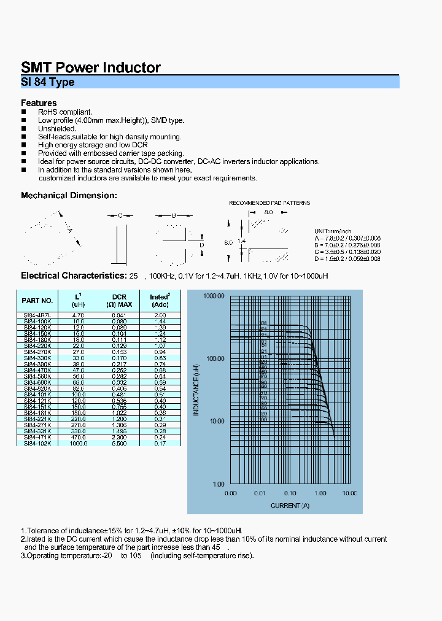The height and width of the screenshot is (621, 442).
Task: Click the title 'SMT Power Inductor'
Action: pyautogui.click(x=91, y=67)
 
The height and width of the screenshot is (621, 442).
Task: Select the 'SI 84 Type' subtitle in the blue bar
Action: pyautogui.click(x=48, y=82)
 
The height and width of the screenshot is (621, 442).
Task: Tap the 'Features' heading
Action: pyautogui.click(x=39, y=103)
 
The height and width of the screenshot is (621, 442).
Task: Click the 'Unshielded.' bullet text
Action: pyautogui.click(x=57, y=129)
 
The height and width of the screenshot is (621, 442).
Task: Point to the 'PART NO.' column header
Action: pyautogui.click(x=37, y=301)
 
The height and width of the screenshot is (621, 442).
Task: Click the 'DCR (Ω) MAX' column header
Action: pyautogui.click(x=119, y=301)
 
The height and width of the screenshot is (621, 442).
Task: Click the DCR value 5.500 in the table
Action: pyautogui.click(x=119, y=443)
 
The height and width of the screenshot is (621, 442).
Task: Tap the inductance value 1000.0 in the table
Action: pyautogui.click(x=79, y=443)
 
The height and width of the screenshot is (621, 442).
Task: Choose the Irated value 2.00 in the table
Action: pyautogui.click(x=160, y=315)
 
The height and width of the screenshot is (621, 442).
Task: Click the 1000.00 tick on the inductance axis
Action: pyautogui.click(x=214, y=296)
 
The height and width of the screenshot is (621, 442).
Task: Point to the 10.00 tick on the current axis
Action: pyautogui.click(x=349, y=493)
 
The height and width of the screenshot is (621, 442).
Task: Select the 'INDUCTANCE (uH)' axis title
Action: pyautogui.click(x=197, y=390)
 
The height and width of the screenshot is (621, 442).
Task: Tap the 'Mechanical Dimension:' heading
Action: pyautogui.click(x=69, y=195)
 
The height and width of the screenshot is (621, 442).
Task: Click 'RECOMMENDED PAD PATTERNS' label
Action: pyautogui.click(x=269, y=203)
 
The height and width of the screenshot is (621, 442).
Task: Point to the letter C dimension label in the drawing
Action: pyautogui.click(x=120, y=215)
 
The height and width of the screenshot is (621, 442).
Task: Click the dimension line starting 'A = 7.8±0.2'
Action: pyautogui.click(x=347, y=237)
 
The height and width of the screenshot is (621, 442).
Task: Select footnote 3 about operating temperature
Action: pyautogui.click(x=137, y=556)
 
